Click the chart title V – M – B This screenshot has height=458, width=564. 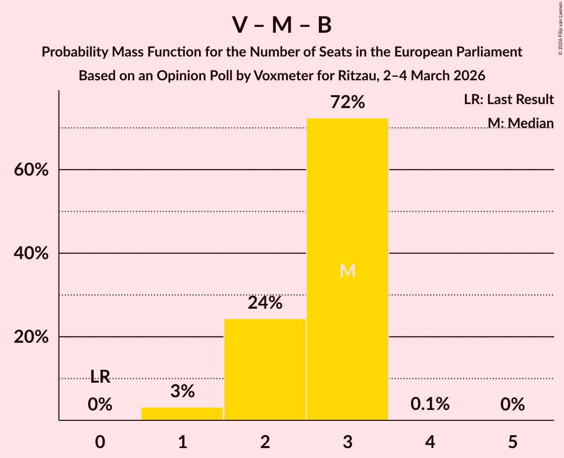pyautogui.click(x=282, y=25)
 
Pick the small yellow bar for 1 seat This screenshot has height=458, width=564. pyautogui.click(x=182, y=413)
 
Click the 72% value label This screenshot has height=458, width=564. pyautogui.click(x=348, y=103)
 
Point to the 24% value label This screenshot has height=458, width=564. pyautogui.click(x=265, y=303)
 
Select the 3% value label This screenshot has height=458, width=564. pyautogui.click(x=182, y=392)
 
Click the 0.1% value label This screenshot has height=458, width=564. pyautogui.click(x=430, y=404)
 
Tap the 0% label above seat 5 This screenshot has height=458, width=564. pyautogui.click(x=512, y=404)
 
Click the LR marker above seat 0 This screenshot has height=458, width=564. pyautogui.click(x=100, y=377)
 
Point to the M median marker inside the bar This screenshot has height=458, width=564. pyautogui.click(x=348, y=271)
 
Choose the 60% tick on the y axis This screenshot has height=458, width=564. pyautogui.click(x=31, y=170)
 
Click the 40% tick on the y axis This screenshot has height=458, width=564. pyautogui.click(x=31, y=254)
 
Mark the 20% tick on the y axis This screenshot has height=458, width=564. pyautogui.click(x=31, y=337)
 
